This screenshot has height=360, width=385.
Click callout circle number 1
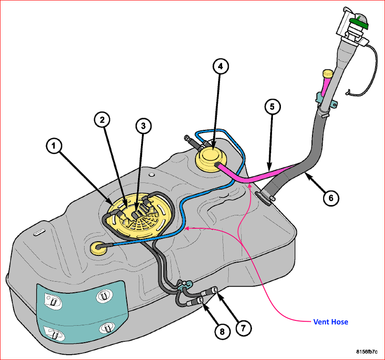(x=54, y=146)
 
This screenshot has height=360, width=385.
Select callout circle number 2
(x=102, y=120)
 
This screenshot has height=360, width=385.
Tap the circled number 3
(x=143, y=126)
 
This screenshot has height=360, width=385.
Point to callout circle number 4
(x=220, y=66)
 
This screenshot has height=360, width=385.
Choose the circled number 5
(x=272, y=106)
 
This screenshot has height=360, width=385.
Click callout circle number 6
(x=331, y=198)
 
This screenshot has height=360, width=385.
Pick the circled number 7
(x=243, y=328)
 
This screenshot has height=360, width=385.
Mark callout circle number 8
(x=222, y=332)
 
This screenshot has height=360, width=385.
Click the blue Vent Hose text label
(x=331, y=322)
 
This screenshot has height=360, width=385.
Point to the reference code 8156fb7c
(x=367, y=352)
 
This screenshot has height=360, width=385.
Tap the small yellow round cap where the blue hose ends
(x=99, y=248)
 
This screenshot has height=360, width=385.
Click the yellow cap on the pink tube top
(x=328, y=73)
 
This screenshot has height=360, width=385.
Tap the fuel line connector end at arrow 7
(x=215, y=290)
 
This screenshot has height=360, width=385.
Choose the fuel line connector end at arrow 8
(x=200, y=300)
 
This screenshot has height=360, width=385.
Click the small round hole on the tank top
(x=152, y=174)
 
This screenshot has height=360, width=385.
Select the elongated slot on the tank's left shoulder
(x=39, y=232)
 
